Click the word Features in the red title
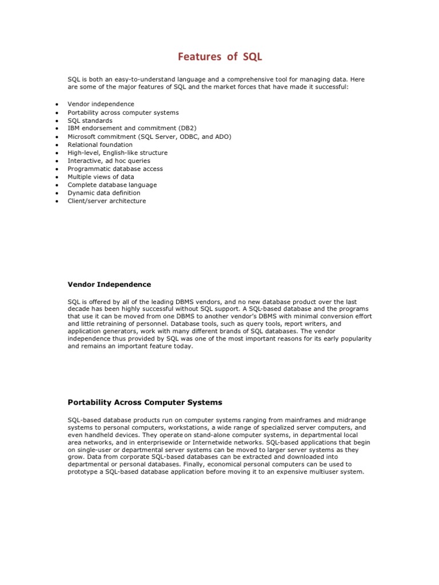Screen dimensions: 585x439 tap(198, 57)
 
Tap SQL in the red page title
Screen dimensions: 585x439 tap(252, 57)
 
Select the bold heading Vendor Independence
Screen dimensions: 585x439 tap(109, 284)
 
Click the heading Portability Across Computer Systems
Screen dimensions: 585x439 tap(145, 402)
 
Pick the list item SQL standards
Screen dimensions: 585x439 tap(90, 121)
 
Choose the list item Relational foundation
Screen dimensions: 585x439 tap(99, 145)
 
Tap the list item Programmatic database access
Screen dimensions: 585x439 tap(115, 169)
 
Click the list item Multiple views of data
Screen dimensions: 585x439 tap(101, 177)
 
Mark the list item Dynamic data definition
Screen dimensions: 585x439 tap(103, 193)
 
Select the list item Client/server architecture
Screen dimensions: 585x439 tap(106, 201)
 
